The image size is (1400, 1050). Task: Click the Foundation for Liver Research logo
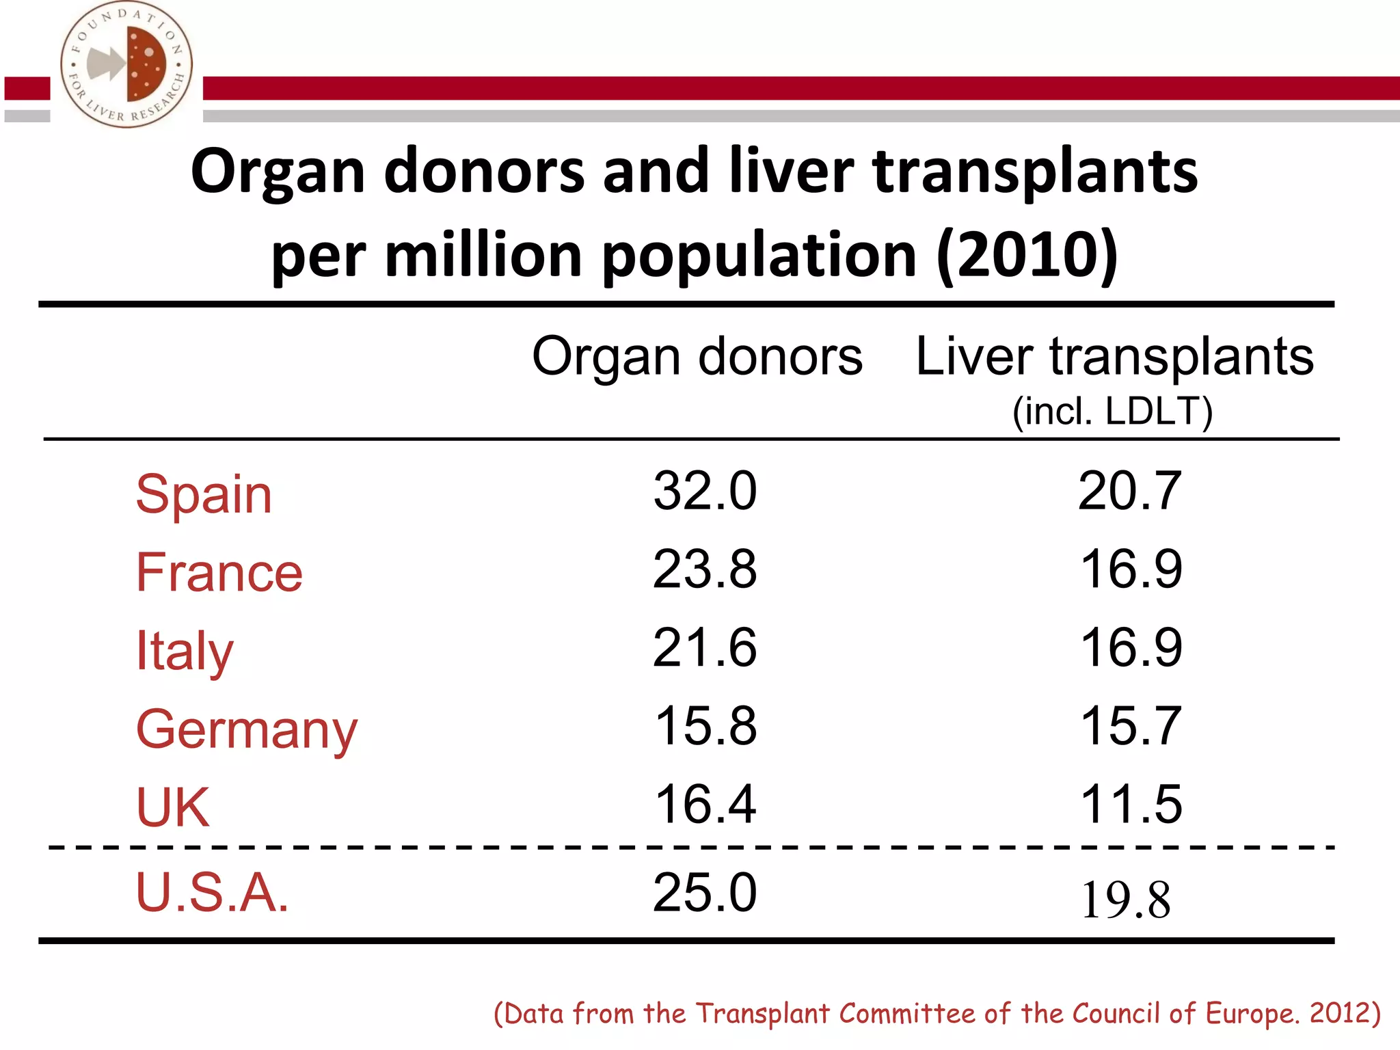126,65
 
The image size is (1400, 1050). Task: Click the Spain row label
204,494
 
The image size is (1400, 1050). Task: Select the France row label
219,572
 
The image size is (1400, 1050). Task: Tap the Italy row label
185,651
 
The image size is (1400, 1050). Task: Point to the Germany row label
246,730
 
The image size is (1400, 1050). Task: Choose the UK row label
172,807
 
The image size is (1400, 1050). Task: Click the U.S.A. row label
212,893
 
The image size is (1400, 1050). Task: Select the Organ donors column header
697,357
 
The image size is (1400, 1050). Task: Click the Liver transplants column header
1114,357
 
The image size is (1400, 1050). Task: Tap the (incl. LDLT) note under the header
1112,412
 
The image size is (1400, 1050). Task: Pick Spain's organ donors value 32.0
705,491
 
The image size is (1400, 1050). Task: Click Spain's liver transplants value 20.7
1130,491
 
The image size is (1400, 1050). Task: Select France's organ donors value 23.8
705,569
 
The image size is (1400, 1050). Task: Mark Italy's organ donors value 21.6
705,647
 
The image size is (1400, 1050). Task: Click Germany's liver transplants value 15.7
1131,725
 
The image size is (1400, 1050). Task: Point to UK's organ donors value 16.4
705,804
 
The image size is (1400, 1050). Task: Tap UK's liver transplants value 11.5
1131,804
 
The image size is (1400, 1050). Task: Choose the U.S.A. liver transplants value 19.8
1126,900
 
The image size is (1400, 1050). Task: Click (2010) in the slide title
1027,255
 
